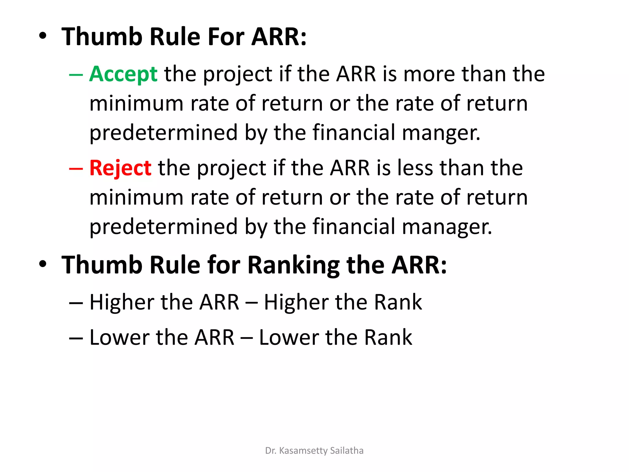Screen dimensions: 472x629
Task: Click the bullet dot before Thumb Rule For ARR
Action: tap(43, 36)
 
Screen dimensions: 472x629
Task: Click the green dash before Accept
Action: tap(76, 75)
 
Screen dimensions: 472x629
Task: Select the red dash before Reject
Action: tap(76, 169)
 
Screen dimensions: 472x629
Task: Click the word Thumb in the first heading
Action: tap(102, 37)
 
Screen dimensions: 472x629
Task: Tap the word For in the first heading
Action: tap(226, 37)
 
